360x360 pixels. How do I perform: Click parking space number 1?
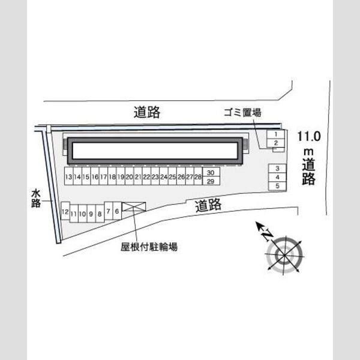tap(276, 134)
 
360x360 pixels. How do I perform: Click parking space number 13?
tap(68, 176)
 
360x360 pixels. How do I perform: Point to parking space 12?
tap(65, 211)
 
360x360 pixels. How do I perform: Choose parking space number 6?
tap(117, 211)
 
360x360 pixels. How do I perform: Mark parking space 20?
tap(129, 176)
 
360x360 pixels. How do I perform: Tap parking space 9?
tap(91, 214)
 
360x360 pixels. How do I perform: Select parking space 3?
tap(277, 168)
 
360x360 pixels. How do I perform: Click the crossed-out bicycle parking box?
tap(134, 206)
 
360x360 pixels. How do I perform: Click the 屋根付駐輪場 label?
tap(149, 247)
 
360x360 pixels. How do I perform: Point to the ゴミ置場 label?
tap(242, 113)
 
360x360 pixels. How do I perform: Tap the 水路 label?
tap(36, 198)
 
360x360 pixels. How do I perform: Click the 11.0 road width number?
tap(309, 136)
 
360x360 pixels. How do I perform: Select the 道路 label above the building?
tap(147, 112)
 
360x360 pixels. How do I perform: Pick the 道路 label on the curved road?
tap(208, 205)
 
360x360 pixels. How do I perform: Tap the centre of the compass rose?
tap(284, 255)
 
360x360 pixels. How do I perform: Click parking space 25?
tap(172, 176)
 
